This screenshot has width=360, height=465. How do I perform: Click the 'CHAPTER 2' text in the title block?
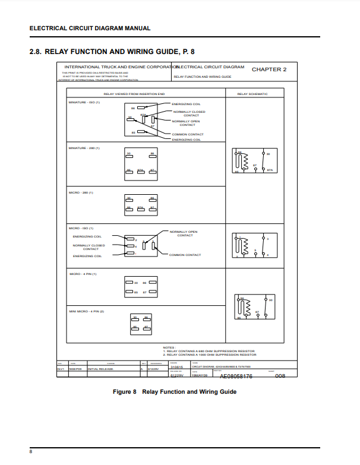tap(269, 69)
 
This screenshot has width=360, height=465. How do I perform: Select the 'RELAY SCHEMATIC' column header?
tap(252, 94)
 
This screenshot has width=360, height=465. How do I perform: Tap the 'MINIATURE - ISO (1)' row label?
tap(84, 102)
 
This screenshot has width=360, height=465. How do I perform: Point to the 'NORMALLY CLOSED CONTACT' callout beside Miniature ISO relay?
tap(189, 113)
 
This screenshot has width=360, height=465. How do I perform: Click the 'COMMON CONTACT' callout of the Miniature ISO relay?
tap(187, 135)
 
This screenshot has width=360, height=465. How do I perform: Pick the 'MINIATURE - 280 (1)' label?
tap(84, 147)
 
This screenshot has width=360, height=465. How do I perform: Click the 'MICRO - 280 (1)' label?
tap(81, 192)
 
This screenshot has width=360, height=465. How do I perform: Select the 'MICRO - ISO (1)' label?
tap(81, 228)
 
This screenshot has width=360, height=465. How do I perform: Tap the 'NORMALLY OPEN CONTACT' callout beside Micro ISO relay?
tap(184, 233)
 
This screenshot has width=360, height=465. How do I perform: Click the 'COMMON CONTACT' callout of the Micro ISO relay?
tap(185, 255)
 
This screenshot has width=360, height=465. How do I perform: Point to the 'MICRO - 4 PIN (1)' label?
tap(83, 274)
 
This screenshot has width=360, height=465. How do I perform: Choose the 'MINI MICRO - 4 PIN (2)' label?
tap(87, 311)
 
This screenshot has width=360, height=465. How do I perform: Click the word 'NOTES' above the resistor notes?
tap(169, 347)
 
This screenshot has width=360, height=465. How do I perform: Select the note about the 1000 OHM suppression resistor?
tap(210, 355)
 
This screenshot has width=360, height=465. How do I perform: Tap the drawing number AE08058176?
tap(236, 377)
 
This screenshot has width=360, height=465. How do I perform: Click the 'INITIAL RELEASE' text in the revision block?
tap(100, 369)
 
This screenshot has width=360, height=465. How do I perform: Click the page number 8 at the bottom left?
tap(31, 453)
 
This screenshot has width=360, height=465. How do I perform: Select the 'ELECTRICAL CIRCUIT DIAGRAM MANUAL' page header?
tap(90, 28)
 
